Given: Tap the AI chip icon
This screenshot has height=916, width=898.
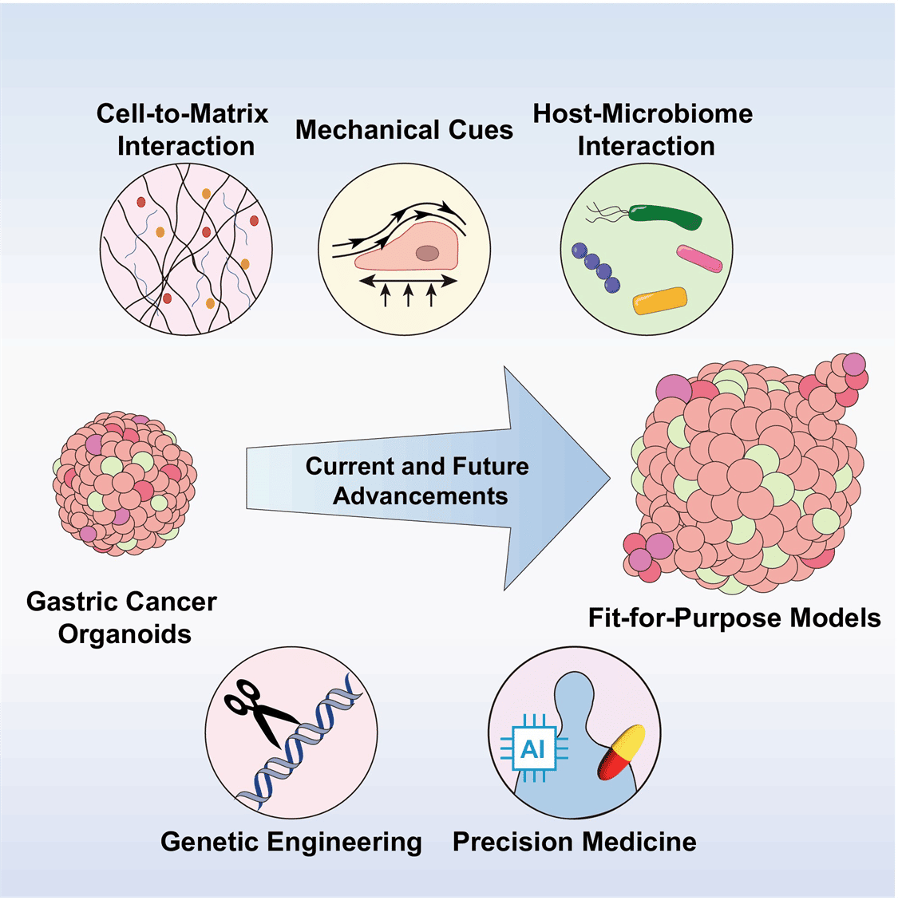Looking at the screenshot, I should click(x=532, y=749).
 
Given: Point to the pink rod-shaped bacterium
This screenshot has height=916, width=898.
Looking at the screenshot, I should click(x=699, y=258).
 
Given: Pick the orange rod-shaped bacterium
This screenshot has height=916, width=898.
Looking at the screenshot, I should click(x=659, y=300).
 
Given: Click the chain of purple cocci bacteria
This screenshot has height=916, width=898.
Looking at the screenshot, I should click(x=596, y=267).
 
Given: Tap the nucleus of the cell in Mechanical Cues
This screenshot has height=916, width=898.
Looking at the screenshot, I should click(x=426, y=253).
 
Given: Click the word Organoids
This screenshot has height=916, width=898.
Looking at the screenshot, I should click(x=125, y=634).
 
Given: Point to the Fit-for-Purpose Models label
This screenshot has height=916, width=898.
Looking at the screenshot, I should click(x=734, y=618).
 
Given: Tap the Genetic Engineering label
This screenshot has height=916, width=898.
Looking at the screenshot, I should click(x=291, y=842).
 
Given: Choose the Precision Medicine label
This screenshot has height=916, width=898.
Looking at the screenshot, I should click(x=574, y=842).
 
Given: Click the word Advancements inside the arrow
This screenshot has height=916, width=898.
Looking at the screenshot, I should click(x=420, y=496).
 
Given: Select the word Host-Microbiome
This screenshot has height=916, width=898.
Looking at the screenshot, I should click(x=643, y=113).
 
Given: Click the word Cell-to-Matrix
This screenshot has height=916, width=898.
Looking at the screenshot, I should click(x=183, y=113).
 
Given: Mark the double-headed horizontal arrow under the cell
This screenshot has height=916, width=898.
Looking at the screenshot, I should click(x=407, y=280).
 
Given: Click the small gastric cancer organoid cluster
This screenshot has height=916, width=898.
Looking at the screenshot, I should click(x=125, y=483).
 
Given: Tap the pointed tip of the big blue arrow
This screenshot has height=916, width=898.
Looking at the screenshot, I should click(x=608, y=480).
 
